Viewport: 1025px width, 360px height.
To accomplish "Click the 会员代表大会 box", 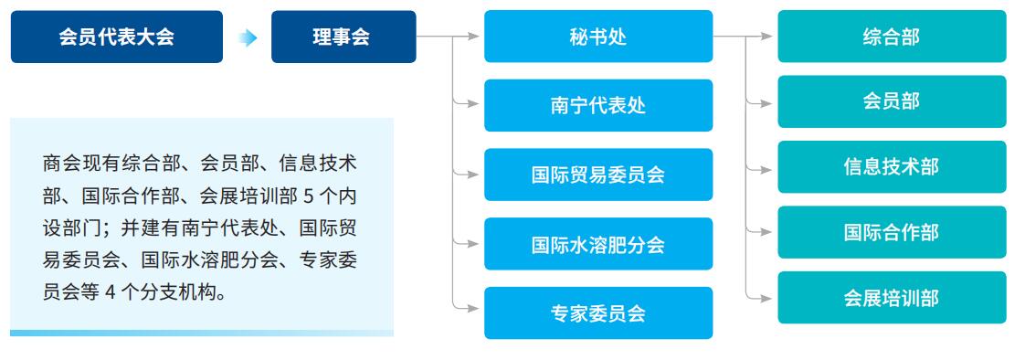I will (117, 37).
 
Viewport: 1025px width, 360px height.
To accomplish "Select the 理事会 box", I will (343, 37).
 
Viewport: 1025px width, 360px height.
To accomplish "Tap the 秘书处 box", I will (597, 37).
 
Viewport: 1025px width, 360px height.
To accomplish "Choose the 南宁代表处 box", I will (597, 105).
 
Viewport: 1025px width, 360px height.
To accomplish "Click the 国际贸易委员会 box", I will (597, 175).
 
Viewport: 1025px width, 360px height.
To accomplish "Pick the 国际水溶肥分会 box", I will (597, 244).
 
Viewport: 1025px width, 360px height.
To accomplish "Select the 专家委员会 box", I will (597, 313).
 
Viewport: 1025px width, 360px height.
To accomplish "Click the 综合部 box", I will (892, 37).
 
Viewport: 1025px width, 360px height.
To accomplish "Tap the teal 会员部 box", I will (892, 101).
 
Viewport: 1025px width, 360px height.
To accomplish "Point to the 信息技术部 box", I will (892, 167).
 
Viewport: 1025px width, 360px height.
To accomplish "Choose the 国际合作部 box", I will (892, 232).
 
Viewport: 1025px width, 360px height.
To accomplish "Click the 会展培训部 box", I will (892, 298).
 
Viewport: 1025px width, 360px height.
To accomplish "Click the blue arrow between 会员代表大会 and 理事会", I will (248, 37).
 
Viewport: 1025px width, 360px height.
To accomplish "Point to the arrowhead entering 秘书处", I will (473, 37).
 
